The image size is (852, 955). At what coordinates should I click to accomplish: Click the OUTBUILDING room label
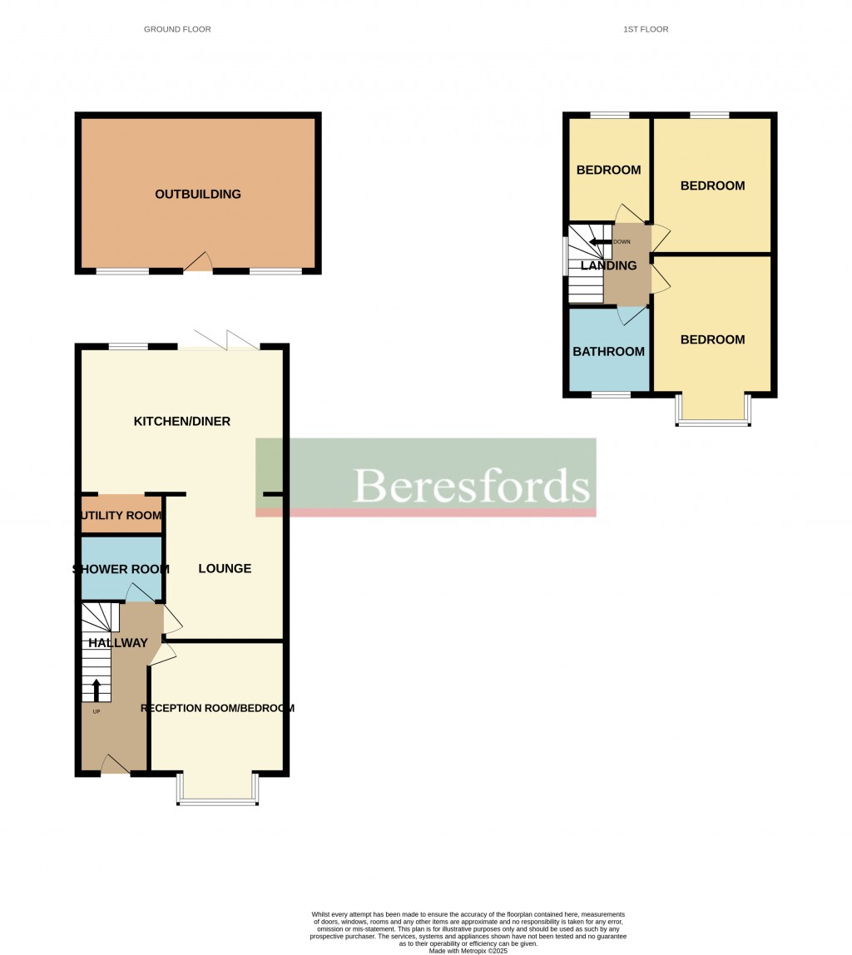click(198, 195)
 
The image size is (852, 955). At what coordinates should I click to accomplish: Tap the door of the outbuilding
click(198, 263)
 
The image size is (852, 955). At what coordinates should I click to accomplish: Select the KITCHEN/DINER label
click(182, 422)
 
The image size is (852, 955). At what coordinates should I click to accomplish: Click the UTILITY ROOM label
click(121, 516)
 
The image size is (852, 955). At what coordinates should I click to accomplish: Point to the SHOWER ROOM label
click(121, 570)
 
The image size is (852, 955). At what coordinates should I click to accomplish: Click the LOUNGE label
click(225, 569)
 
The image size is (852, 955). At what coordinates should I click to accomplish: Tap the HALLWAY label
click(118, 643)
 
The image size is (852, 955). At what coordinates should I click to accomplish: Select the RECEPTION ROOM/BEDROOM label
click(218, 709)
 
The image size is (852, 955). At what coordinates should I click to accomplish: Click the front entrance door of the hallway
click(115, 766)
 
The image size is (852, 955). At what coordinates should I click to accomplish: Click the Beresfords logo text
click(471, 486)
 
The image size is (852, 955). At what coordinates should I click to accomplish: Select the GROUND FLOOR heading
click(177, 29)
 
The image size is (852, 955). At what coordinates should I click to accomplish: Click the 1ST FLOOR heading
click(646, 29)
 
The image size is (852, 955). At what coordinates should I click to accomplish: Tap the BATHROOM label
click(608, 352)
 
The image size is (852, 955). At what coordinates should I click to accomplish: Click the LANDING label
click(608, 266)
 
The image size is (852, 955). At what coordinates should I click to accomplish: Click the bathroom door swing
click(633, 316)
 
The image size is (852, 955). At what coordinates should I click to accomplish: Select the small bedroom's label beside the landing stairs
click(608, 171)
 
